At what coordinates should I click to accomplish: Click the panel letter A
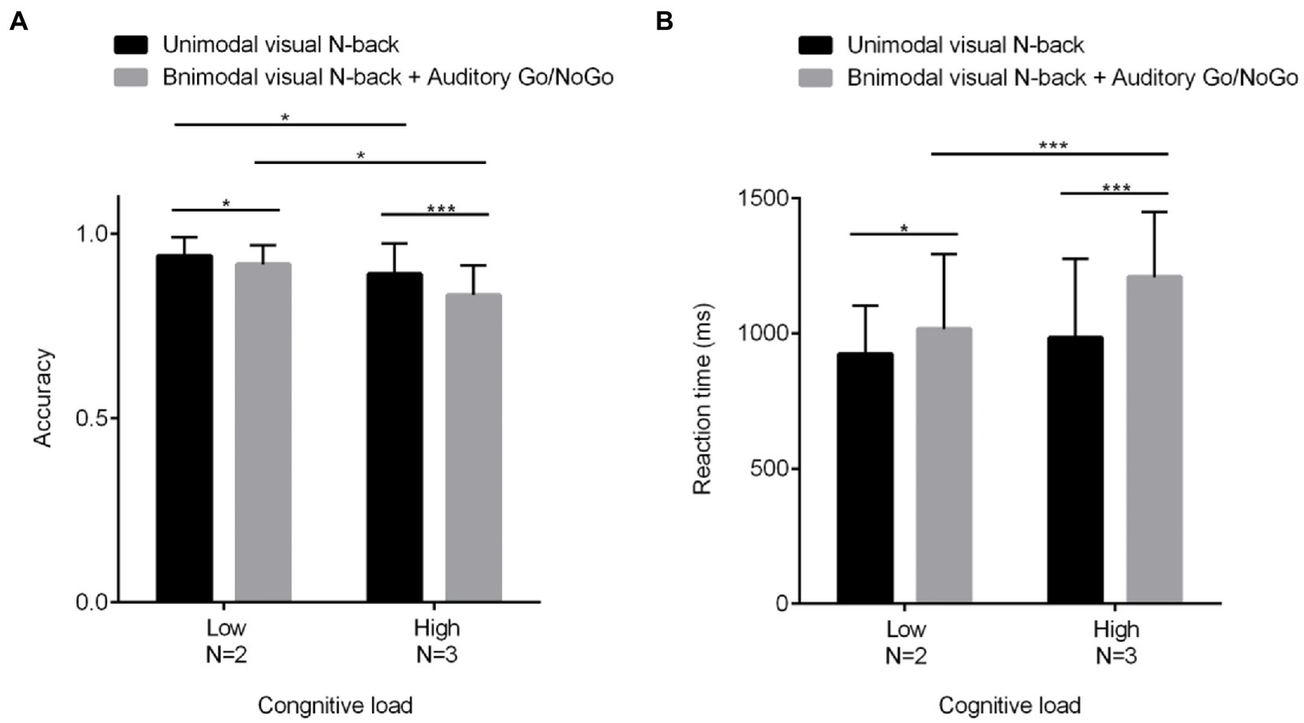pos(18,22)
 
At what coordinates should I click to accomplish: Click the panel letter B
pos(664,22)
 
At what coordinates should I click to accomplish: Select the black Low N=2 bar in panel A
pos(184,428)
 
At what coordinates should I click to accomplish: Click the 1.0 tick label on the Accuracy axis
pos(93,234)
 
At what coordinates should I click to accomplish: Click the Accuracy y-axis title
pos(42,397)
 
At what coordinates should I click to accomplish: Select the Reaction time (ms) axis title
pos(702,398)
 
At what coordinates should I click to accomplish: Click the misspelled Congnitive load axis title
pos(335,705)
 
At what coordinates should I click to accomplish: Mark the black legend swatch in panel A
pos(131,44)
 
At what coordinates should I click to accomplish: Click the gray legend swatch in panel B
pos(816,78)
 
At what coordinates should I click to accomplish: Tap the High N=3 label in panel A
pos(437,641)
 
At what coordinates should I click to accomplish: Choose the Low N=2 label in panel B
pos(906,641)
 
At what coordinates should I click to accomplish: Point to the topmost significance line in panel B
pos(1050,154)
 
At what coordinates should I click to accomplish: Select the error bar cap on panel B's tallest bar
pos(1154,212)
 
